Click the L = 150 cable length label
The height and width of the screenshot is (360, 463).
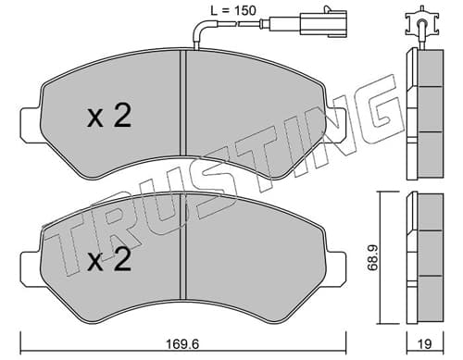(233, 10)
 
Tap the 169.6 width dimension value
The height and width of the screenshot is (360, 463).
(183, 343)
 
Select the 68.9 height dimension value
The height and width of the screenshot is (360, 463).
(373, 258)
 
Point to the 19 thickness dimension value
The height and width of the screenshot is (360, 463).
(425, 344)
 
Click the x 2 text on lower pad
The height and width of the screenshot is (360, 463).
(110, 260)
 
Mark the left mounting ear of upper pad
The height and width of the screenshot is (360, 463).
(31, 124)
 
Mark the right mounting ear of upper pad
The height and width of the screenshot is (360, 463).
(336, 124)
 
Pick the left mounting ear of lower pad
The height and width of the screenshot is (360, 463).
(31, 267)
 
